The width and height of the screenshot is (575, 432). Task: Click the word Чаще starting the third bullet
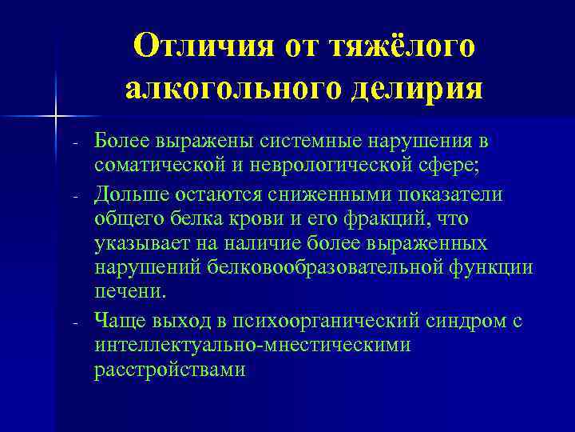[x=117, y=320]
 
